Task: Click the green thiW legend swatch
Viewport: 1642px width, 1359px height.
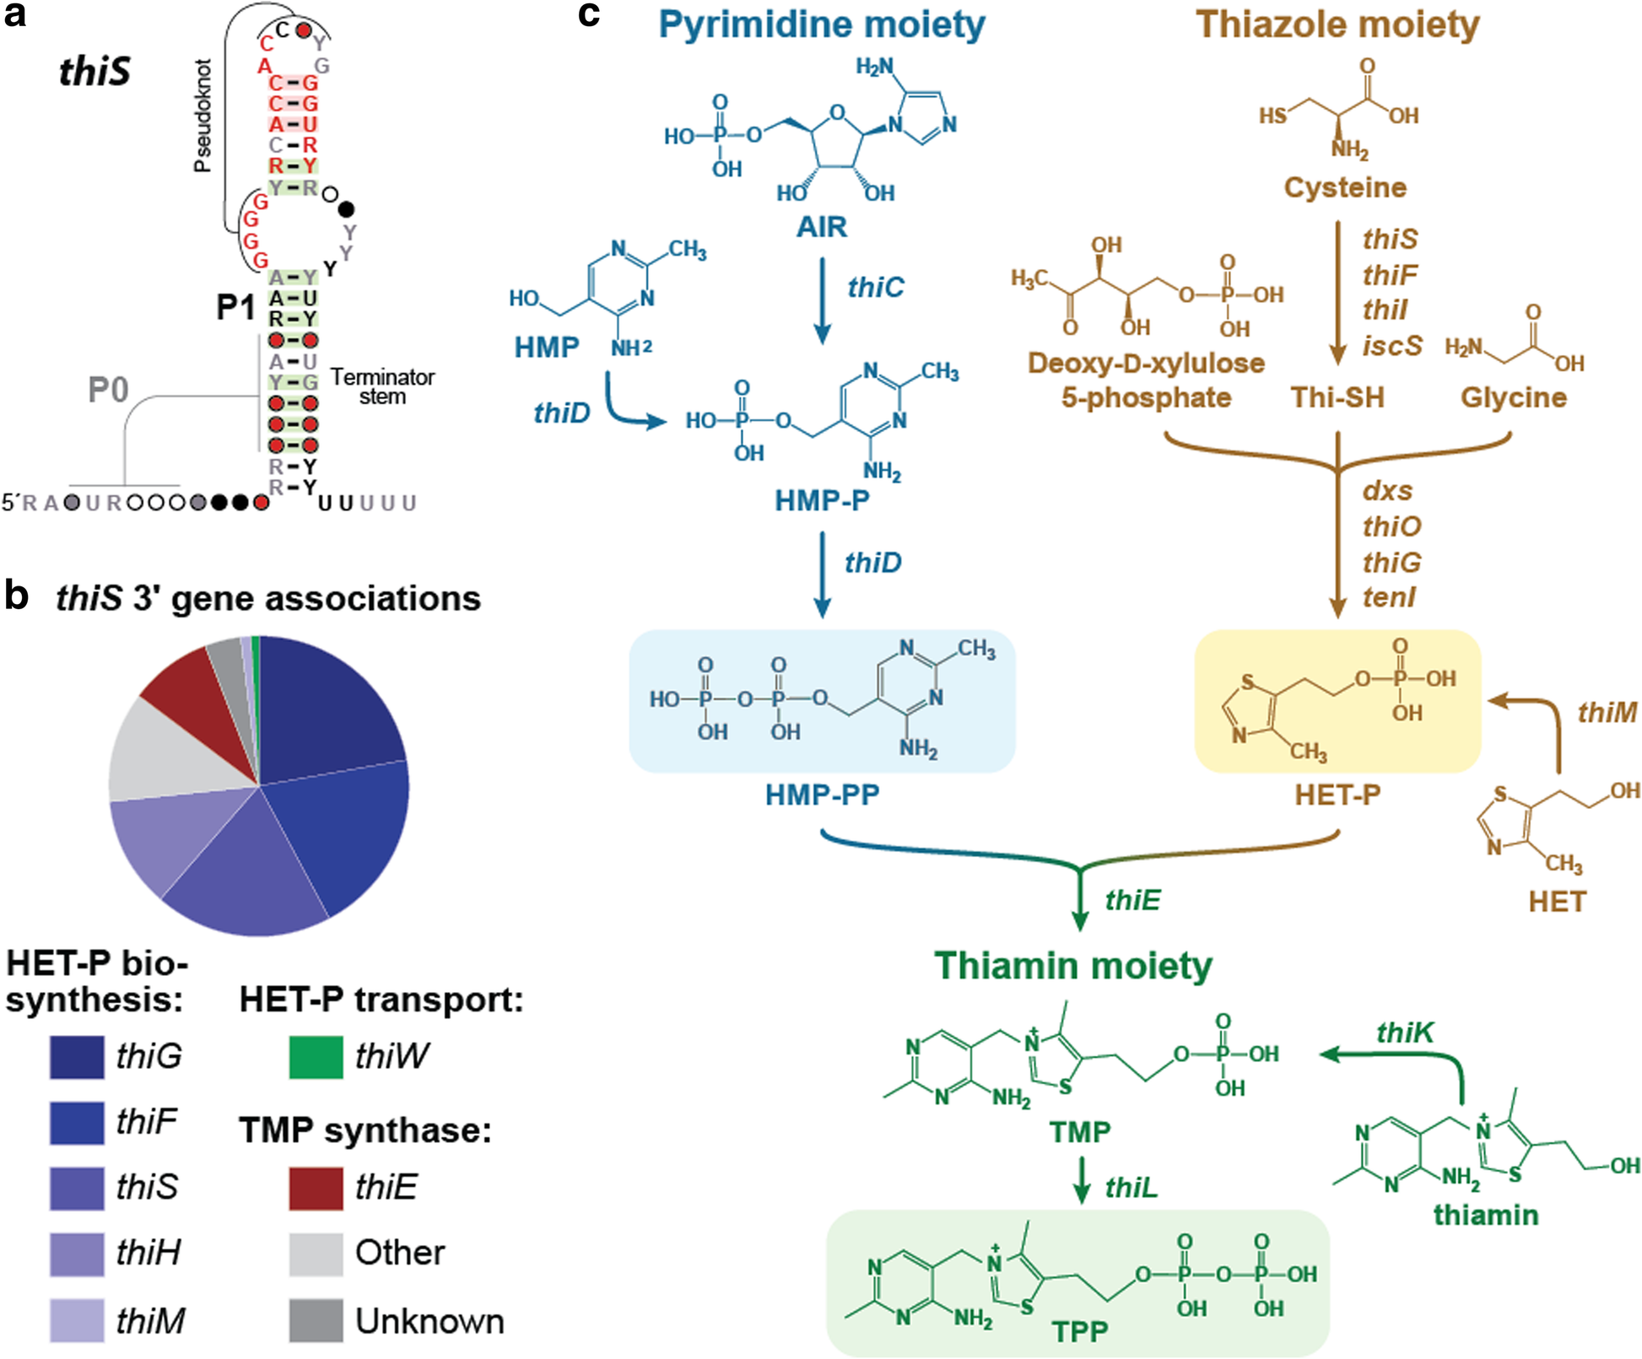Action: (316, 1057)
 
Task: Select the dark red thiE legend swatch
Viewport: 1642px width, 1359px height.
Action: (316, 1189)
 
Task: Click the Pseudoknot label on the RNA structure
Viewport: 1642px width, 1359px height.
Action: (203, 116)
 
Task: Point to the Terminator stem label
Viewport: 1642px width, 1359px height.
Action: (382, 386)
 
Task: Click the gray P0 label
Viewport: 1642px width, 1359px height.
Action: (108, 391)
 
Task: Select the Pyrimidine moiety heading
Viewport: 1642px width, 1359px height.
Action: (821, 24)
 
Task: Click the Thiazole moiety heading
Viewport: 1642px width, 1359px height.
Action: (1337, 24)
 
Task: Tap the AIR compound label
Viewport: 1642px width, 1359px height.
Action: (821, 227)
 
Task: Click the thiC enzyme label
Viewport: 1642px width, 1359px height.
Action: (875, 288)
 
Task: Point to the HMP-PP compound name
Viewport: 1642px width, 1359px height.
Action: (822, 795)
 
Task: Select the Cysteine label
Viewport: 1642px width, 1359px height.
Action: (1344, 187)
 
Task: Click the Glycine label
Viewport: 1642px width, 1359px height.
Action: (1513, 397)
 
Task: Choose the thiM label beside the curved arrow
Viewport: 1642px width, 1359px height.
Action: (1607, 713)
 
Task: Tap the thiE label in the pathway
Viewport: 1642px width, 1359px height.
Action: (1132, 900)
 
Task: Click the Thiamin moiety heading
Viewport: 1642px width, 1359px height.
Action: (1072, 966)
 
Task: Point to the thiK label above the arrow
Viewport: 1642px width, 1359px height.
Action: (1405, 1033)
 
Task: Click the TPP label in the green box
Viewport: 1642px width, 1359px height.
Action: (1079, 1331)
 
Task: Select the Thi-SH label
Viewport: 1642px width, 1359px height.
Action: (1337, 397)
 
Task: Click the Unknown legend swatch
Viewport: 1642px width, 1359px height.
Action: (316, 1320)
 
